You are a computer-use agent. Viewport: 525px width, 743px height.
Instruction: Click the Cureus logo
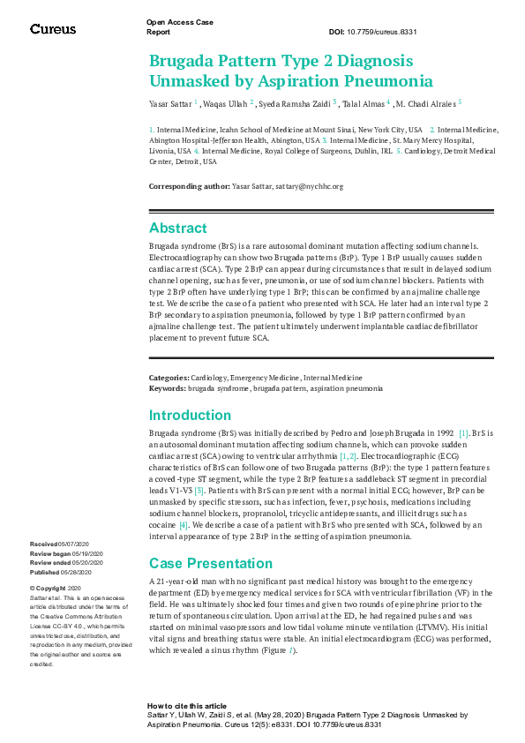pos(53,28)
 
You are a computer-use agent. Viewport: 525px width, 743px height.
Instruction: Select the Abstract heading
pos(177,228)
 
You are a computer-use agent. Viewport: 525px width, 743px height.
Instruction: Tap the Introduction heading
pos(190,415)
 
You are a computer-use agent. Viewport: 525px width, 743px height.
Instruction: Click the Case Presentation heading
pos(210,563)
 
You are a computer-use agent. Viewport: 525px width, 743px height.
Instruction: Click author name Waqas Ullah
pos(228,103)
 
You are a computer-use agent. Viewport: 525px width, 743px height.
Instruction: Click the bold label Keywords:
pos(167,388)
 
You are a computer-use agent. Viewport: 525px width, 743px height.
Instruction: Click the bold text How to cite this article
pos(186,706)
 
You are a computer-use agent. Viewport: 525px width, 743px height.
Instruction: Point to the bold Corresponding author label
pos(188,186)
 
